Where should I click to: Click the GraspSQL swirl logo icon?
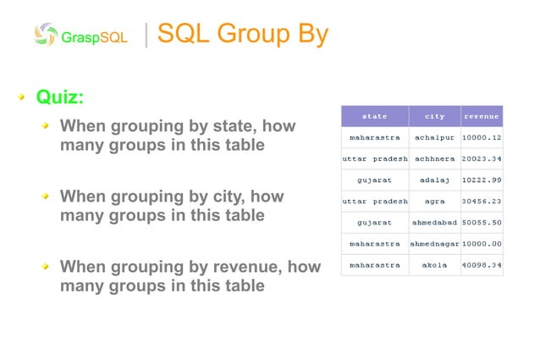(x=46, y=35)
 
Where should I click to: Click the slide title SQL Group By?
(x=243, y=34)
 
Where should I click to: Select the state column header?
(x=374, y=115)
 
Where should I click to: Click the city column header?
(x=434, y=115)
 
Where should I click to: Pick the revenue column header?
(x=482, y=115)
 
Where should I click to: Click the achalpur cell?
(x=434, y=136)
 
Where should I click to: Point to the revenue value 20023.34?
(x=482, y=158)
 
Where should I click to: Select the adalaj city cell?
(x=434, y=180)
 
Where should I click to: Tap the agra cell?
(x=434, y=201)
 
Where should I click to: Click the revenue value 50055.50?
(x=482, y=222)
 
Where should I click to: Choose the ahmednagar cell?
(x=434, y=244)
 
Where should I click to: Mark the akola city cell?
(x=434, y=265)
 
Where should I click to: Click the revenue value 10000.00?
(x=482, y=244)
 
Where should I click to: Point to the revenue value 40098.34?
(x=482, y=265)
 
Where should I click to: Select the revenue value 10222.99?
(x=482, y=180)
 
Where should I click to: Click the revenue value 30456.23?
(x=482, y=201)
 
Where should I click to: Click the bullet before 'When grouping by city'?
(x=48, y=197)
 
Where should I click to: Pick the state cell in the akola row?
(x=374, y=265)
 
